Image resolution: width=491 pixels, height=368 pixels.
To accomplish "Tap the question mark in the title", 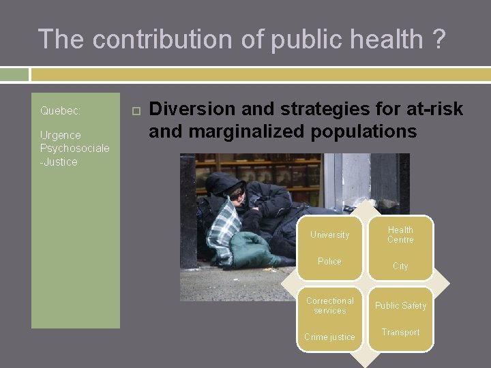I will (439, 40).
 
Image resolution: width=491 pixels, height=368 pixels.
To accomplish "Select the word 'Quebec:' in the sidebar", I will (60, 110).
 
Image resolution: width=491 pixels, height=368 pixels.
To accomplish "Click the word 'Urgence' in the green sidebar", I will (60, 135).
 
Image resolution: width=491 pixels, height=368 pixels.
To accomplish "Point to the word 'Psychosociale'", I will (74, 149).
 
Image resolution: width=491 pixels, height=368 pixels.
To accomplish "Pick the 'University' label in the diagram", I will (329, 235).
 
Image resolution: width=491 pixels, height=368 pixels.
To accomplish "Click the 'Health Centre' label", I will (400, 235).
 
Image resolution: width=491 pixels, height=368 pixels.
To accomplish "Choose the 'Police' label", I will (329, 262).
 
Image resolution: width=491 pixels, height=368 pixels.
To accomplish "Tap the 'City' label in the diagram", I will (400, 266).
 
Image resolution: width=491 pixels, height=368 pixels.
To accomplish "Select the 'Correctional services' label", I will (330, 305).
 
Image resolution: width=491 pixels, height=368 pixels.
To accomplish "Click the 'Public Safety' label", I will (400, 306).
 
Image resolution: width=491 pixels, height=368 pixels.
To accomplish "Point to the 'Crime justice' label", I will (329, 337).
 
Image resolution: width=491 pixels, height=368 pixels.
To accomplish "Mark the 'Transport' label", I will (400, 333).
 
